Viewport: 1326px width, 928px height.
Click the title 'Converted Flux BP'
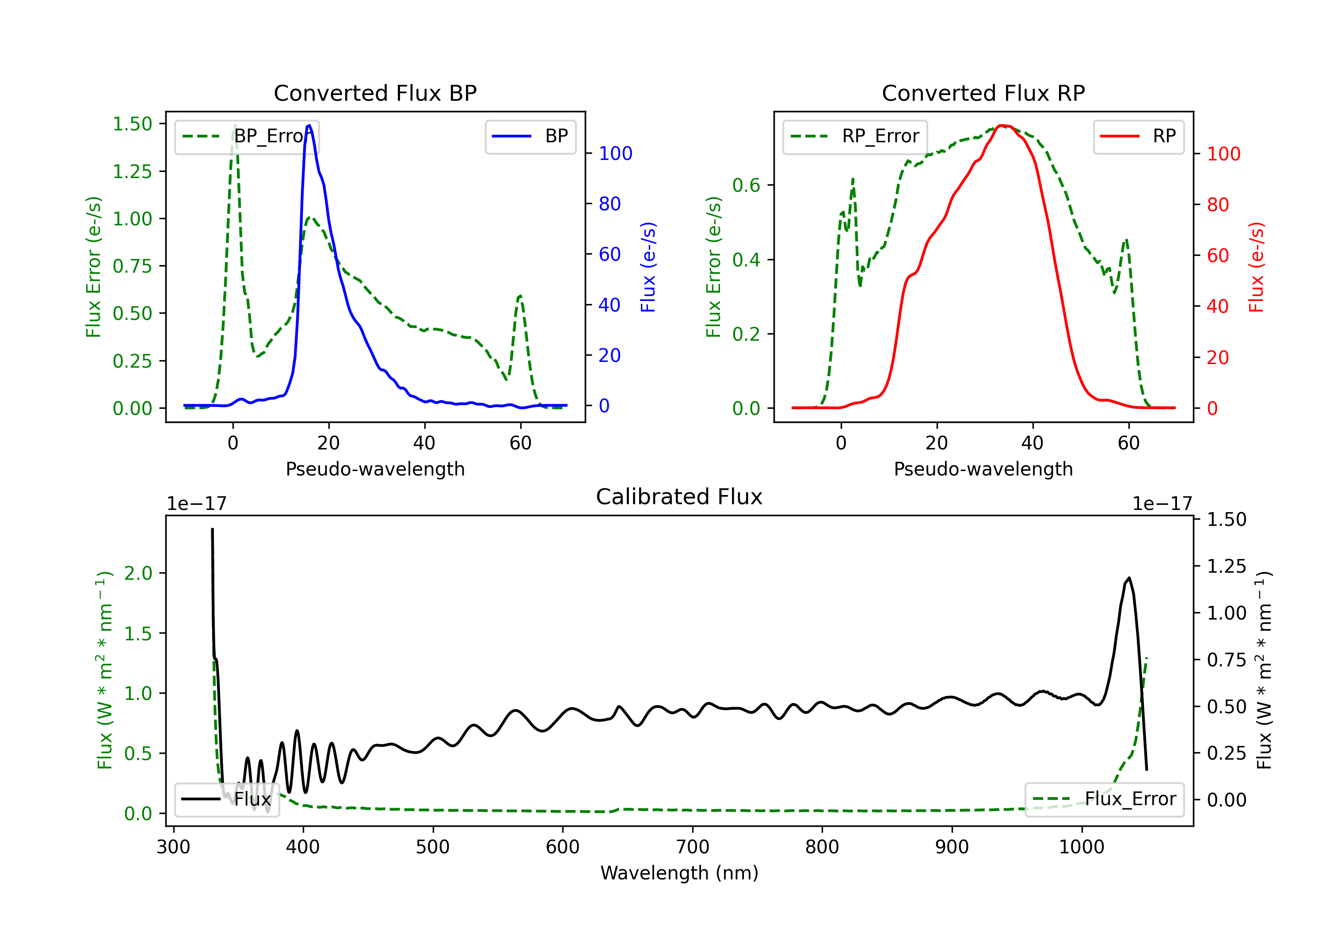(375, 93)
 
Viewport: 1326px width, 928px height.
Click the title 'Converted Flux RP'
(983, 93)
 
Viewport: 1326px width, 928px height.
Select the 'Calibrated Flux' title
(679, 497)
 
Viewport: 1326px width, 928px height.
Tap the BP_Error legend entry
(247, 136)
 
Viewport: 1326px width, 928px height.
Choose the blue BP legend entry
(530, 136)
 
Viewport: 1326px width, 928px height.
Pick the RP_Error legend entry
(855, 136)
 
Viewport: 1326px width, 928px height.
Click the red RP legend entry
(1138, 136)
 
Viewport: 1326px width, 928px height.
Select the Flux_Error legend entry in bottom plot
(1104, 799)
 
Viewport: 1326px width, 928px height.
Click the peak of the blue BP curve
(309, 126)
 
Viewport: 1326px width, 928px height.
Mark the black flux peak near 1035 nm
(1129, 578)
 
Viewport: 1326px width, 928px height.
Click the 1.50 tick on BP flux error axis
(132, 124)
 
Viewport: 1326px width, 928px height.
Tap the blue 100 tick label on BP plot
(616, 154)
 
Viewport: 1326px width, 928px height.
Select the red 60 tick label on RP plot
(1218, 256)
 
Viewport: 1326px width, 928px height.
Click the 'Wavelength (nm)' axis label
(679, 873)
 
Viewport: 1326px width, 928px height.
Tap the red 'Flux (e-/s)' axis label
(1256, 267)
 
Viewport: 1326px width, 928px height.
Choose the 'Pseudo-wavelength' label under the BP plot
(375, 469)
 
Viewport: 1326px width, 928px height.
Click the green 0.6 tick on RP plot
(746, 185)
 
